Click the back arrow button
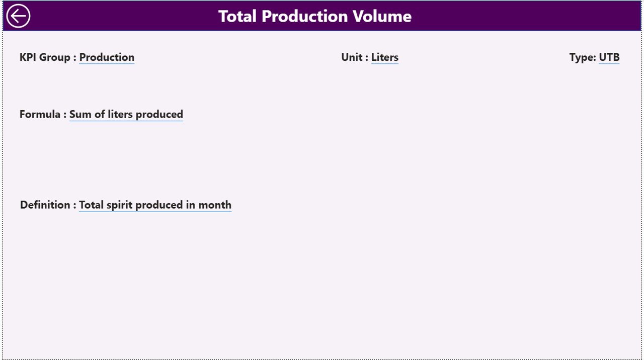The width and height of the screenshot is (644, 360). coord(18,16)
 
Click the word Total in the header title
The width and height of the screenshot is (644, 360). coord(237,16)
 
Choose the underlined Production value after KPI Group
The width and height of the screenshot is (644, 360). coord(107,57)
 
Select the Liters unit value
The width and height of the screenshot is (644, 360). coord(385,57)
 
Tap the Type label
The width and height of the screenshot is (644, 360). coord(582,57)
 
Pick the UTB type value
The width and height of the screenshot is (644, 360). coord(609,57)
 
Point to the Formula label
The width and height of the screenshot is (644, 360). coord(40,114)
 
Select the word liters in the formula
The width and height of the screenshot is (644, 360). coord(120,114)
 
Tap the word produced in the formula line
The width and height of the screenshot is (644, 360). coord(159,114)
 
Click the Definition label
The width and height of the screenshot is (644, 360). coord(45,205)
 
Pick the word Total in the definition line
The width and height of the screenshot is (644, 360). coord(92,205)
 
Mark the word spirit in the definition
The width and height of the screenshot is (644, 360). coord(120,205)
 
